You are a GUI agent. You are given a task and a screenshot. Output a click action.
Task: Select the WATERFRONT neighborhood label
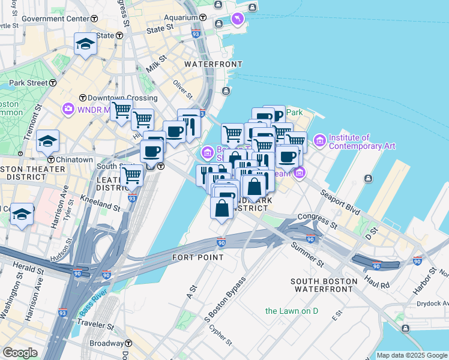(213, 64)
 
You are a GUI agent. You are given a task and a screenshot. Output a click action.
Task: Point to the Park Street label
(28, 83)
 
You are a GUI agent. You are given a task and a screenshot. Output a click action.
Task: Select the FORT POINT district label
(197, 257)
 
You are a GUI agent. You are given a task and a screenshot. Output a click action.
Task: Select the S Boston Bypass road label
(225, 299)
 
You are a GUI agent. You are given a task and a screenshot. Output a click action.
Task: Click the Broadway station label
(107, 344)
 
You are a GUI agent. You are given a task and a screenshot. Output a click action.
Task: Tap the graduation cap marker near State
(85, 44)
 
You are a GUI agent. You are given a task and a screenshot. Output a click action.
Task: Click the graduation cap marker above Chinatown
(47, 141)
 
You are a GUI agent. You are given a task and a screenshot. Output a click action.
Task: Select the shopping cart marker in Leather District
(131, 176)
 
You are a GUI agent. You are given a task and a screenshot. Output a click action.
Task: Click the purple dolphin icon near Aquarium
(238, 20)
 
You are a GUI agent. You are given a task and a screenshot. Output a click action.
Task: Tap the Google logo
(20, 353)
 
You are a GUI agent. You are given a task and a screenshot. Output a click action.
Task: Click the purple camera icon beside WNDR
(68, 109)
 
